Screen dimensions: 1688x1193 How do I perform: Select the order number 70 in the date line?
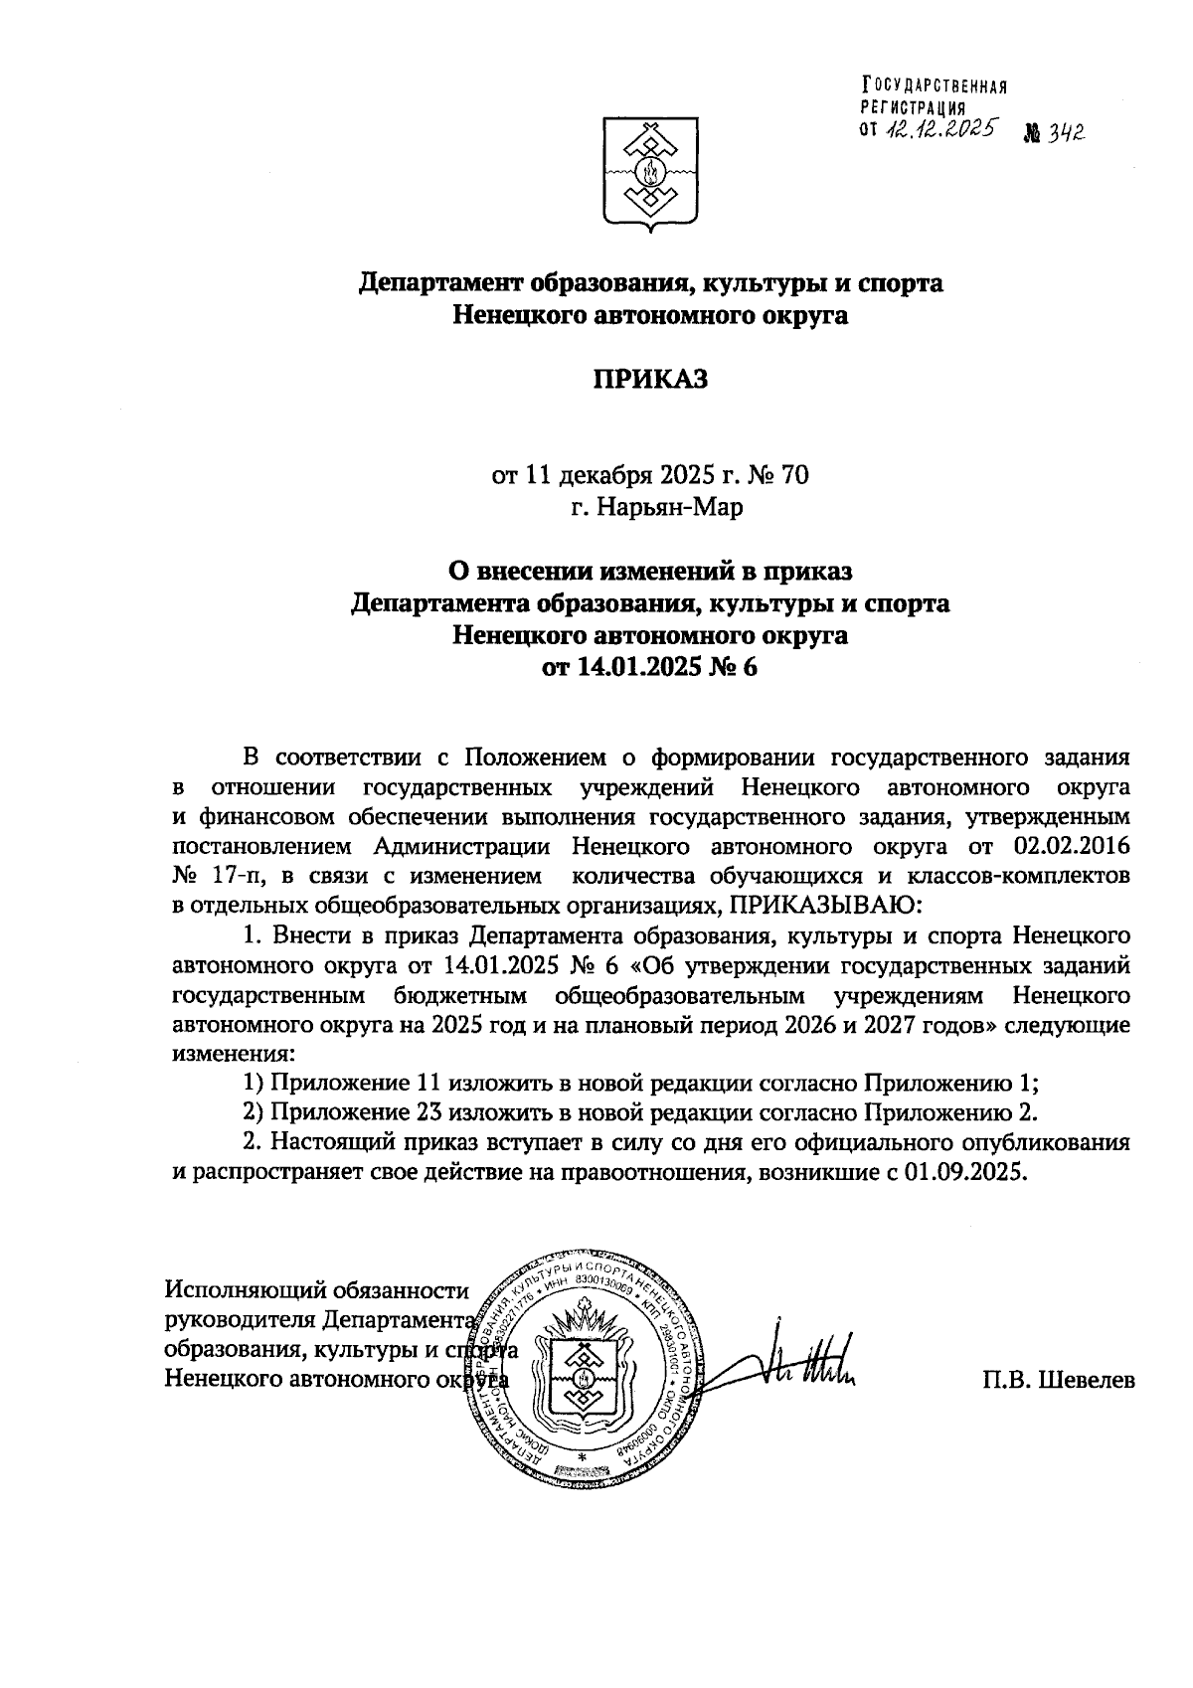(795, 475)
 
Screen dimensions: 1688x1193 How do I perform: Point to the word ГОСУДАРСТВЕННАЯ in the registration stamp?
(935, 86)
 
